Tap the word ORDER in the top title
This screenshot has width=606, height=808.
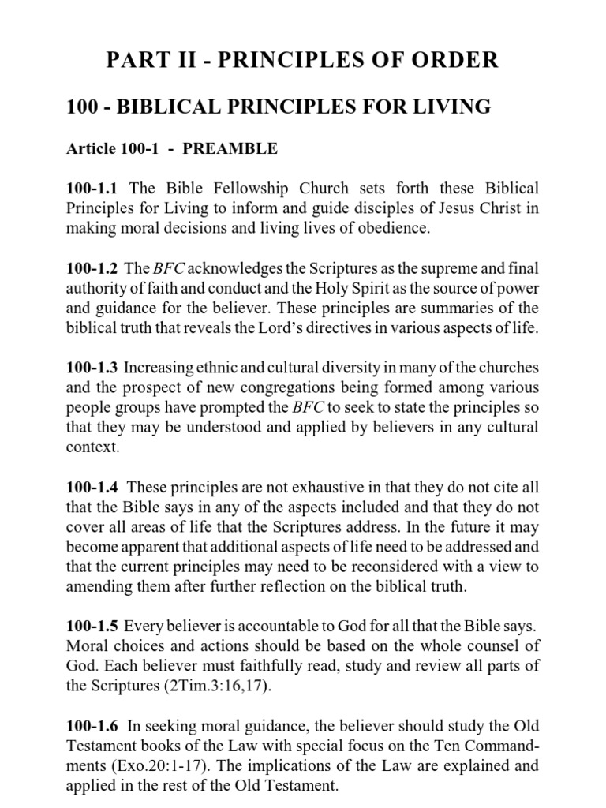(455, 61)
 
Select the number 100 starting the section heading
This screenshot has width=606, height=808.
(84, 107)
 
